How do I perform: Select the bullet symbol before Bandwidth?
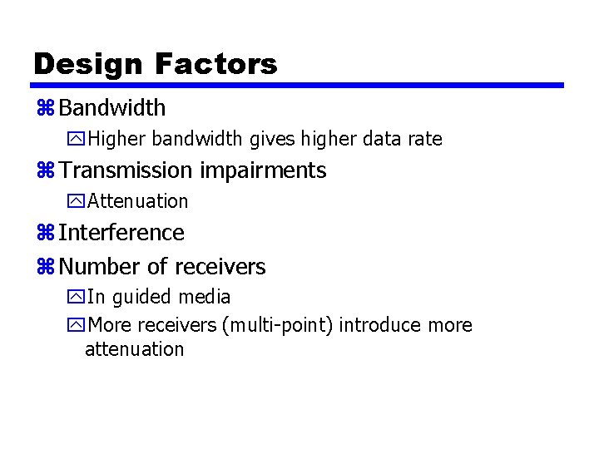pyautogui.click(x=45, y=108)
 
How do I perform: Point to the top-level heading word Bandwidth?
pyautogui.click(x=112, y=108)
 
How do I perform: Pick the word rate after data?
pyautogui.click(x=425, y=140)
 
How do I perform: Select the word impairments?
pyautogui.click(x=262, y=171)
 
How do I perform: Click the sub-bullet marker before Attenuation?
pyautogui.click(x=77, y=202)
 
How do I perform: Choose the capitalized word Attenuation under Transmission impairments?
pyautogui.click(x=138, y=201)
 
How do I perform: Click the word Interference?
pyautogui.click(x=121, y=233)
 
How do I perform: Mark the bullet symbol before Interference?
pyautogui.click(x=45, y=234)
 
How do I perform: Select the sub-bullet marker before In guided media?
pyautogui.click(x=77, y=298)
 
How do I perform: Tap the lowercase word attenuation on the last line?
pyautogui.click(x=134, y=349)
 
